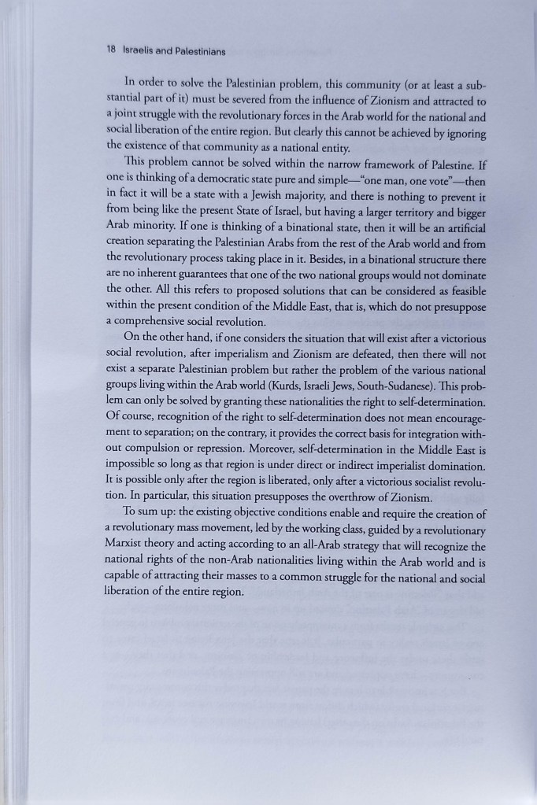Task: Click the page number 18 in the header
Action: (110, 51)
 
